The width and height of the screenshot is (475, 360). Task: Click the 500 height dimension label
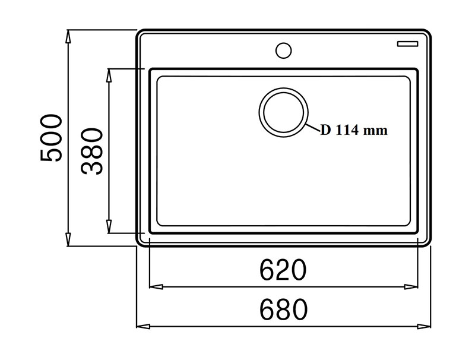(x=51, y=138)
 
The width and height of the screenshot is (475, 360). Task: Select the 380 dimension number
(x=92, y=151)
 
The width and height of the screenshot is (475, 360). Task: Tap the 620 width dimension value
(x=283, y=269)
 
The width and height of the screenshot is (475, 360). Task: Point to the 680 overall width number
(x=284, y=310)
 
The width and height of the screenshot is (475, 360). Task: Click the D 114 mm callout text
(x=354, y=130)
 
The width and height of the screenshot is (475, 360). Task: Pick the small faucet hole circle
(x=284, y=50)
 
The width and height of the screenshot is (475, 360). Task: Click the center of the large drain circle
(x=284, y=112)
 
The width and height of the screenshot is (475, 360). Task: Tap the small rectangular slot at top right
(x=408, y=43)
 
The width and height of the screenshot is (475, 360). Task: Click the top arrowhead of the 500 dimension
(x=69, y=37)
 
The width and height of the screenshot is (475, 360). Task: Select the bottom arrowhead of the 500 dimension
(x=69, y=239)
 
